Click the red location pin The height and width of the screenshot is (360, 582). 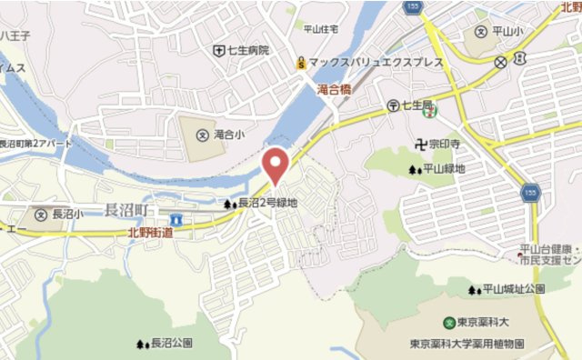pos(276,164)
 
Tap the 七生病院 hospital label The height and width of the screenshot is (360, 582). pos(248,50)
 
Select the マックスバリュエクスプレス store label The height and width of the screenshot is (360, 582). pos(375,63)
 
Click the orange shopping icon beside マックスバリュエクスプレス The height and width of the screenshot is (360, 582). pos(300,63)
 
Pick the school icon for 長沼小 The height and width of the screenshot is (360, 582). pos(40,215)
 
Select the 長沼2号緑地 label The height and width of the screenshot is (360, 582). pos(268,203)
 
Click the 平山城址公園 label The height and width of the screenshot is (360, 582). pos(514,289)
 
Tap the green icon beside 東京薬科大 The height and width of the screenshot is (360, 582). pos(448,323)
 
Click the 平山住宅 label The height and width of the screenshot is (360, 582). pos(320,28)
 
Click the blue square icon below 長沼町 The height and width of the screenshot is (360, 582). pos(176,220)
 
